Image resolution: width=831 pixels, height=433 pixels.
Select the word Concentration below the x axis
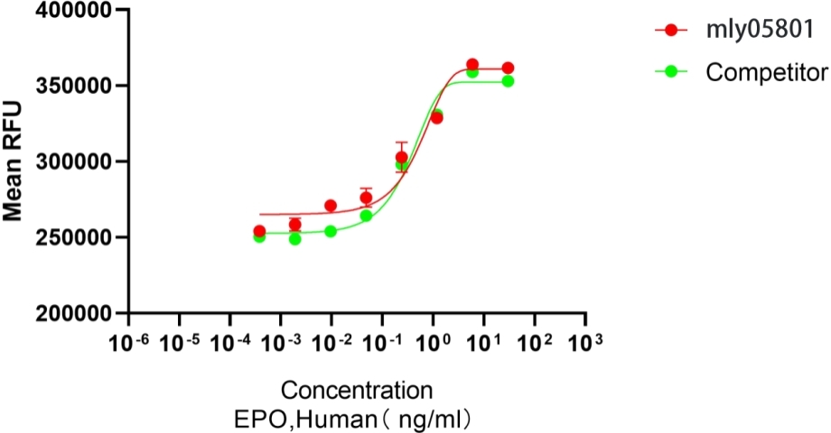pyautogui.click(x=356, y=392)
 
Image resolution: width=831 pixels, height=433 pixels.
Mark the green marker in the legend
pyautogui.click(x=670, y=71)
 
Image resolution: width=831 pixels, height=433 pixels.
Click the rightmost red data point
pyautogui.click(x=508, y=69)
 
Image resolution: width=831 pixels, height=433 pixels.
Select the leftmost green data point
pyautogui.click(x=259, y=236)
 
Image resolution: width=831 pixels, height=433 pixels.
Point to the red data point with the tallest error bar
pyautogui.click(x=402, y=157)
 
